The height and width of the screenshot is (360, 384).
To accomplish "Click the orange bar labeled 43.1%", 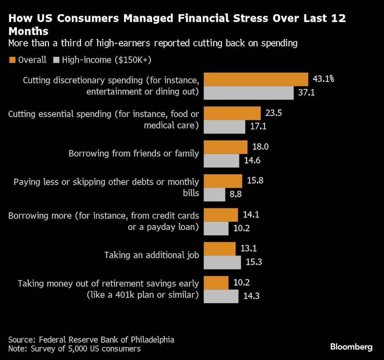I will [256, 79].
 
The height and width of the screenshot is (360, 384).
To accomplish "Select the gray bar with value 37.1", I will [248, 93].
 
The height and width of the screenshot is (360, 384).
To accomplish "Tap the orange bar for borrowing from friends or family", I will [225, 147].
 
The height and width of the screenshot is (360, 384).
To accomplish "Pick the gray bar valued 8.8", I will [214, 194].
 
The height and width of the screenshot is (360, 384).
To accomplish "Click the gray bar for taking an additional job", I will [222, 262].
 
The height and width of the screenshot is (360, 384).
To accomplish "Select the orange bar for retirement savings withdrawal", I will [216, 282].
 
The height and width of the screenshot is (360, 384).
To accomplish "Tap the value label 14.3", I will [252, 296].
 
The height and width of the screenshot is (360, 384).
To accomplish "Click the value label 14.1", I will [251, 215].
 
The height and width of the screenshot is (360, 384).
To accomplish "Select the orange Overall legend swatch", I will [12, 60].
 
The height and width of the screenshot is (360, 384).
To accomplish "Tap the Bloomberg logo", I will [351, 347].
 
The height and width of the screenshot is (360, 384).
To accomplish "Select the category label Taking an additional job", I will [151, 255].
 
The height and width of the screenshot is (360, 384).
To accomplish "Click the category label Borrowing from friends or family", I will [134, 154].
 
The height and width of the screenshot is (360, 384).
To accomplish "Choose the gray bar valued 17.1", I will [224, 127].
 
